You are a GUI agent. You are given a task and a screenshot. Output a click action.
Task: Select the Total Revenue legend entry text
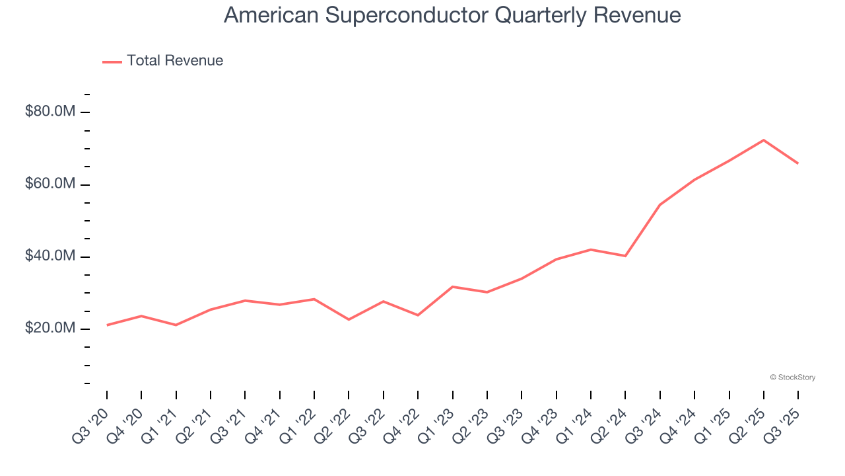coord(175,61)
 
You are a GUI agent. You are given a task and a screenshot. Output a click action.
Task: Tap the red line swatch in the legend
coord(112,61)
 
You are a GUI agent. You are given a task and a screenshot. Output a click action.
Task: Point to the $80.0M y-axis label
coord(50,112)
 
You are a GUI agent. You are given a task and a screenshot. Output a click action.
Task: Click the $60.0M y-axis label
coord(50,184)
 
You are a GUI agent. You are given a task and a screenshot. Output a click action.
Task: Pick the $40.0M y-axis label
coord(50,257)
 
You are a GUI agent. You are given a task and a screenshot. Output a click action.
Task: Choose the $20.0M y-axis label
coord(50,329)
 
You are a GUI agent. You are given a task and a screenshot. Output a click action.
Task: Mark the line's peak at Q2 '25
coord(764,140)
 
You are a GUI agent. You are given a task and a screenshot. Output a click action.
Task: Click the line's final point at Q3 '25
coord(798,163)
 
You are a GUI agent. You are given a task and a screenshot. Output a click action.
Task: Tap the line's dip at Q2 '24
coord(625,256)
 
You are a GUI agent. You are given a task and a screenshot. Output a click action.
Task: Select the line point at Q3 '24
coord(659,205)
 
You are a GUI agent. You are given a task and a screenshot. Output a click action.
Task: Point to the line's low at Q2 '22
coord(349,320)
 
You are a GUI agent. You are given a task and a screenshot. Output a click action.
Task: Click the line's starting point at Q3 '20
coord(107,325)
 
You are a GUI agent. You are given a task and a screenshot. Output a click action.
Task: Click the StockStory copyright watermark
coord(792,377)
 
